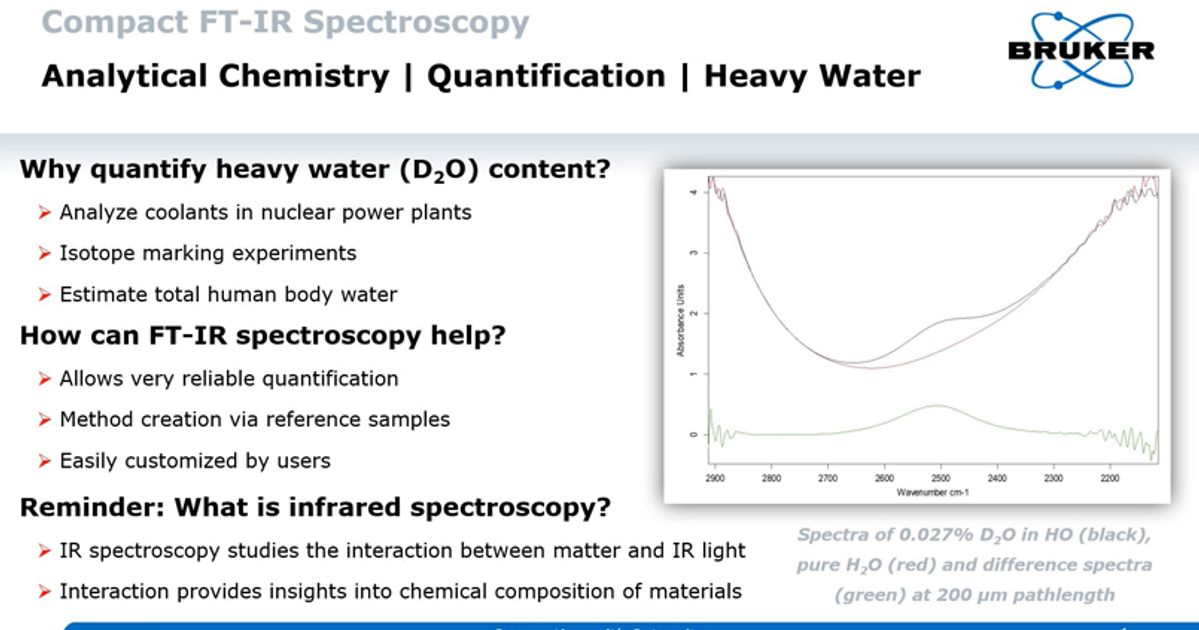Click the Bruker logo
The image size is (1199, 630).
click(1081, 49)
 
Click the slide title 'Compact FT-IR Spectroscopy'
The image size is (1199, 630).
click(285, 22)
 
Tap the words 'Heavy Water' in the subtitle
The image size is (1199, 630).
click(812, 76)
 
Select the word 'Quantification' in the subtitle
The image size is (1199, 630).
click(546, 76)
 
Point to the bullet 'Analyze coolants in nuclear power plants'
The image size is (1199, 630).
click(265, 212)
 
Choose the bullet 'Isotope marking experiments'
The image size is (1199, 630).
click(208, 253)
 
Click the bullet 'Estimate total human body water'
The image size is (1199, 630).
click(228, 294)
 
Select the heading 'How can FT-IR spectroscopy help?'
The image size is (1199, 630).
click(263, 336)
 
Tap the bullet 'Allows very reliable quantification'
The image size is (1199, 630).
click(229, 378)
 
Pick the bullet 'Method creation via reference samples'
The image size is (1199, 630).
click(255, 419)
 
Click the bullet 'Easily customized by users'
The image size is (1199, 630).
click(195, 460)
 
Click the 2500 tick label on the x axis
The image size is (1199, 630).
click(939, 479)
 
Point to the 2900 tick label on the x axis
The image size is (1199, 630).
click(714, 479)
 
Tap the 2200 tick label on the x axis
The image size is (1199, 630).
click(1108, 479)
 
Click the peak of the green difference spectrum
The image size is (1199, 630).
click(937, 405)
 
